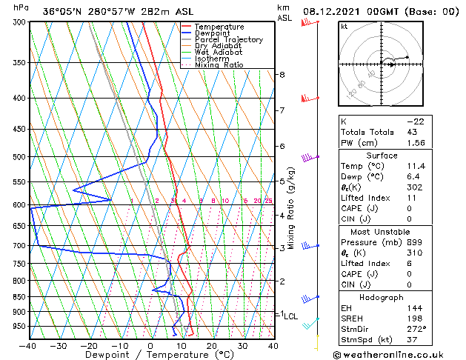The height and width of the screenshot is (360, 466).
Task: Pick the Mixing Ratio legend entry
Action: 219,65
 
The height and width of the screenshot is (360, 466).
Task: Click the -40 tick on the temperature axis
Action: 28,346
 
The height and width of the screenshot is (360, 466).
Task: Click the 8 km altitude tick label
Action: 282,75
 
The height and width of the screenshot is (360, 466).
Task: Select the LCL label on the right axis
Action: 291,316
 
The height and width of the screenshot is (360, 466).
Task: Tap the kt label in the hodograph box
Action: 344,26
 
